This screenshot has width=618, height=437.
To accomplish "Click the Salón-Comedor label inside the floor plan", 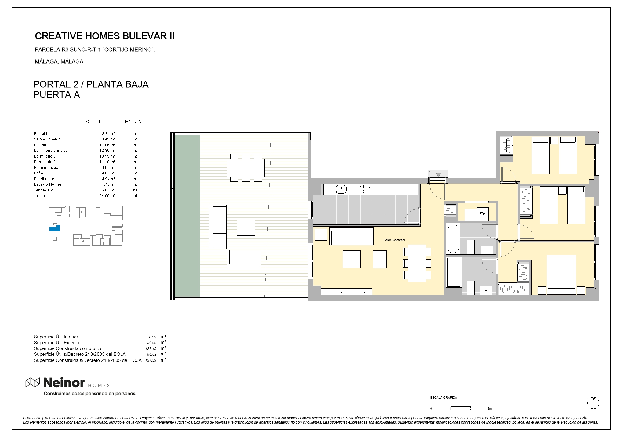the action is coord(394,240).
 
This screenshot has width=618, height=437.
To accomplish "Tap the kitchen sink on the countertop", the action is coord(341,189).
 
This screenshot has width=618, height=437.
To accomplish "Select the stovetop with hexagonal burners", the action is coord(365,189).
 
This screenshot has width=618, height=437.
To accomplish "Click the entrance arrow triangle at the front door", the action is coord(438,175).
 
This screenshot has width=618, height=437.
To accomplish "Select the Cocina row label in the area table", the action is coord(40,145).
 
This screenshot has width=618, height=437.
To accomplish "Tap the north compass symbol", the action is coord(593,403).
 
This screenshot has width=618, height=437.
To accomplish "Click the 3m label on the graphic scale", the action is coord(490,409).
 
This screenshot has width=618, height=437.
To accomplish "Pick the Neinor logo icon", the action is coord(33,382).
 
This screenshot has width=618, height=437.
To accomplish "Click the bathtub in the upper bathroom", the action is coord(453,239).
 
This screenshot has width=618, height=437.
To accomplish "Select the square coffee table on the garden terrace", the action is coord(246,227).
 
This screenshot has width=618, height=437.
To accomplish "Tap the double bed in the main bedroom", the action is coord(561,275).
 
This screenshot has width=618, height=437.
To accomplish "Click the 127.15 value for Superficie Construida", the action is coord(151,348).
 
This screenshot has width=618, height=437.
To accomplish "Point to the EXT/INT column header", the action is coord(135,122).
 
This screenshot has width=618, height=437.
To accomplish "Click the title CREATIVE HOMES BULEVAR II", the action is coord(105,36).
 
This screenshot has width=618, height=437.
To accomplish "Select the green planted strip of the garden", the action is coord(187,216).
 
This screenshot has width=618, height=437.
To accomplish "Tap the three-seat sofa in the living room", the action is coord(351,236).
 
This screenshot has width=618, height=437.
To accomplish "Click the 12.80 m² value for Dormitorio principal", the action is coord(108,151).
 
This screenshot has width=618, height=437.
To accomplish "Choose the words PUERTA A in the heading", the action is coord(56,95).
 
